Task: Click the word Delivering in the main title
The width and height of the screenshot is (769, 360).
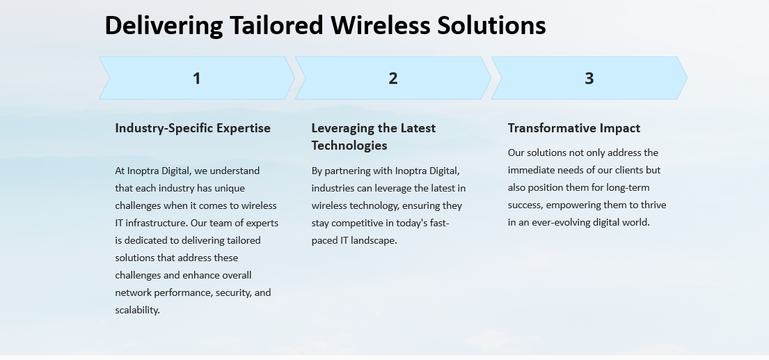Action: click(x=164, y=26)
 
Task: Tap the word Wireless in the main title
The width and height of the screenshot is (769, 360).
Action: click(x=380, y=25)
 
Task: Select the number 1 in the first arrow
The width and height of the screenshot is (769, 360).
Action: click(x=197, y=78)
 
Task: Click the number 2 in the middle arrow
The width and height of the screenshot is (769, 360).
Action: click(x=393, y=78)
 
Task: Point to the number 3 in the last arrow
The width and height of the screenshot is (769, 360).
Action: click(x=589, y=78)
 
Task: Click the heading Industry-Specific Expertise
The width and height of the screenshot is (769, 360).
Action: click(x=193, y=129)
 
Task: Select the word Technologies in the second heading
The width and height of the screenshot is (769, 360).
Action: click(x=349, y=145)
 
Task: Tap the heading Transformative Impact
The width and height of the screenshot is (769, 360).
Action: click(x=574, y=129)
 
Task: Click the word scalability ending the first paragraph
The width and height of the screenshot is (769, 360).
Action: click(x=137, y=310)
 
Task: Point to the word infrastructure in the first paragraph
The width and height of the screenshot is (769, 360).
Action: click(x=157, y=223)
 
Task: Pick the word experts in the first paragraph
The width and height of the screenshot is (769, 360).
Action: click(x=262, y=224)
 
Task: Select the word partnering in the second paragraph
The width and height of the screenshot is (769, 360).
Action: click(x=348, y=171)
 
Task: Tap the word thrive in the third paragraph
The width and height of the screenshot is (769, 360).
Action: click(x=653, y=205)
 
